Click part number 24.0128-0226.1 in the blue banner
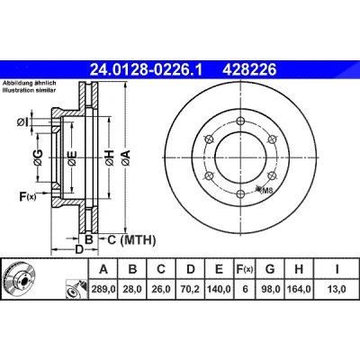pos(147,70)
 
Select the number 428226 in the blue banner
pos(249,70)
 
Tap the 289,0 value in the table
pos(103,289)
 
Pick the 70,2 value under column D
pos(191,289)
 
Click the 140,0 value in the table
pos(219,289)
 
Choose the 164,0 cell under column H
pos(299,289)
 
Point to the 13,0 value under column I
pos(337,289)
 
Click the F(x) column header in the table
pos(245,269)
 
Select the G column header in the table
pos(270,269)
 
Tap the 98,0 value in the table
pos(270,289)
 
